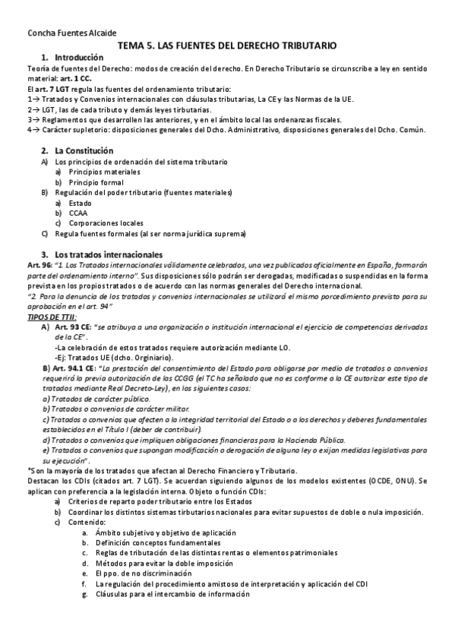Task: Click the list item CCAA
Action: [x=78, y=213]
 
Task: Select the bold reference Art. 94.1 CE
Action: [x=76, y=368]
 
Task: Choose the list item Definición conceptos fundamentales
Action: [x=158, y=543]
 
